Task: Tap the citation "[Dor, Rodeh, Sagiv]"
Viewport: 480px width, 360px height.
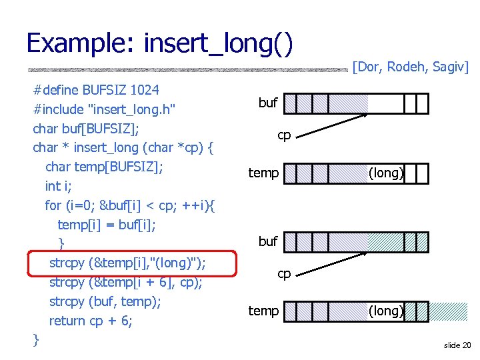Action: (x=411, y=67)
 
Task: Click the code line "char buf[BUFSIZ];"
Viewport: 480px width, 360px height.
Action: (x=85, y=128)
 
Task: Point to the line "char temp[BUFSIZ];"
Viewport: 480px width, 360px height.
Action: (x=104, y=167)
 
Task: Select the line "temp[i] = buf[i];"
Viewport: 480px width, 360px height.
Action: (x=107, y=225)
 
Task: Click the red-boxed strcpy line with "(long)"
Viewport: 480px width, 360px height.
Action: (x=127, y=263)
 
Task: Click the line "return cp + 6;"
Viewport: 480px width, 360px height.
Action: (x=91, y=321)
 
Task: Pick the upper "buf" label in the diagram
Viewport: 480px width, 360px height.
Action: (x=268, y=103)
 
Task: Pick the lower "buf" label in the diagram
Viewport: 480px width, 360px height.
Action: (x=268, y=241)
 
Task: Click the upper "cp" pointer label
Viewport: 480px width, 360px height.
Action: (x=284, y=135)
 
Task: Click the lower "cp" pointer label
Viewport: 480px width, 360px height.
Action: (x=284, y=273)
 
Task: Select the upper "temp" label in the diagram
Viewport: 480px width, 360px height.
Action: (x=263, y=173)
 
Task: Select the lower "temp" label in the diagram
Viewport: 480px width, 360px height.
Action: (x=263, y=311)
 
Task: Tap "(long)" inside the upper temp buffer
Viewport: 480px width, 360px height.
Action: (x=386, y=173)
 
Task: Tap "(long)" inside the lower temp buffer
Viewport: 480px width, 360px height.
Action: (x=386, y=311)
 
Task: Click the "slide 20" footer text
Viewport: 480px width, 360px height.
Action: (x=457, y=345)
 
